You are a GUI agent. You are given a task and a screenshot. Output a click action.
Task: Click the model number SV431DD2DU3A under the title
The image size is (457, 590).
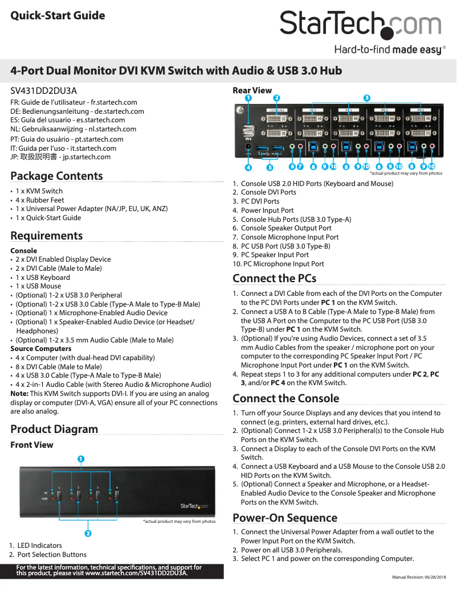click(44, 90)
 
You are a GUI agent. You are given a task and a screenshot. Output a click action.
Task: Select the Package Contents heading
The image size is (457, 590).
click(56, 176)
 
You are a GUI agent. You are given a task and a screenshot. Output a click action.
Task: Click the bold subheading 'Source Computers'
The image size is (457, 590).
click(41, 349)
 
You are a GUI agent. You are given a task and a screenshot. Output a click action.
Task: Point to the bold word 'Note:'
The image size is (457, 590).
click(19, 394)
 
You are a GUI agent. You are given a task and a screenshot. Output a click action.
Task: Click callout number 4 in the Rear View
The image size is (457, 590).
click(248, 167)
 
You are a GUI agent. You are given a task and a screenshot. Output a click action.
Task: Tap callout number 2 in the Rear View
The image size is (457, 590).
click(276, 98)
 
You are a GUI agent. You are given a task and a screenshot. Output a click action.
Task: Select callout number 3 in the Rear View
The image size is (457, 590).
click(367, 98)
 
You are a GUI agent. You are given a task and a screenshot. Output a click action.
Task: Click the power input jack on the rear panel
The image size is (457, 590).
click(248, 146)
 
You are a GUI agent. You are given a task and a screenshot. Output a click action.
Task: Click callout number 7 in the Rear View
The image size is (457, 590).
click(300, 167)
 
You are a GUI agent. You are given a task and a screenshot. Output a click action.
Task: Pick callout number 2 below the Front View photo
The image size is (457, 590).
click(88, 533)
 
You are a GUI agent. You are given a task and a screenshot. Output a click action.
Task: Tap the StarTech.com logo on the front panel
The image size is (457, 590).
click(194, 505)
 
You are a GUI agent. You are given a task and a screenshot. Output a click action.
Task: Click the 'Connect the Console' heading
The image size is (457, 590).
click(285, 398)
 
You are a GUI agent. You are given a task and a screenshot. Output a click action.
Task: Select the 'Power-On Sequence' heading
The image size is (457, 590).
click(285, 518)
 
